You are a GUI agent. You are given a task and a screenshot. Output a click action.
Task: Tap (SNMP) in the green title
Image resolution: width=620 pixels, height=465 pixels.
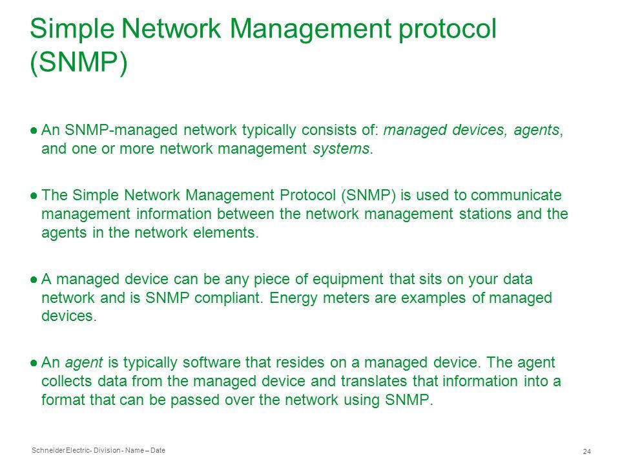79,63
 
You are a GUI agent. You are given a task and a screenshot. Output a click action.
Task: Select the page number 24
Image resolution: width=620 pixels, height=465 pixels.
587,451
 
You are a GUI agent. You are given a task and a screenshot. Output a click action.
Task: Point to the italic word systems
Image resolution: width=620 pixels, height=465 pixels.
341,149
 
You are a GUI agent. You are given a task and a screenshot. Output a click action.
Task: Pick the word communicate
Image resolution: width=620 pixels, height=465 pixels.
516,195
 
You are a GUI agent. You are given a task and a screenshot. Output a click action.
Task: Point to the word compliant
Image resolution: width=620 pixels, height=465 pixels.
229,298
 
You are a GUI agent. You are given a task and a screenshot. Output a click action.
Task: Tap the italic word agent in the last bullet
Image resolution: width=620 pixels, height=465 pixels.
84,363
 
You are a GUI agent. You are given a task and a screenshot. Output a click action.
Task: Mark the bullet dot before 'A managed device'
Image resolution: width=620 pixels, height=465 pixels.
34,280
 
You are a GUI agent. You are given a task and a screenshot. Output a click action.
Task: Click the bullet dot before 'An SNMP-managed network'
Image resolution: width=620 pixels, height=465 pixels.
34,130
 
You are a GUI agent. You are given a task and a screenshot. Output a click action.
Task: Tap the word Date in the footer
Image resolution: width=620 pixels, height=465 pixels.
158,450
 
